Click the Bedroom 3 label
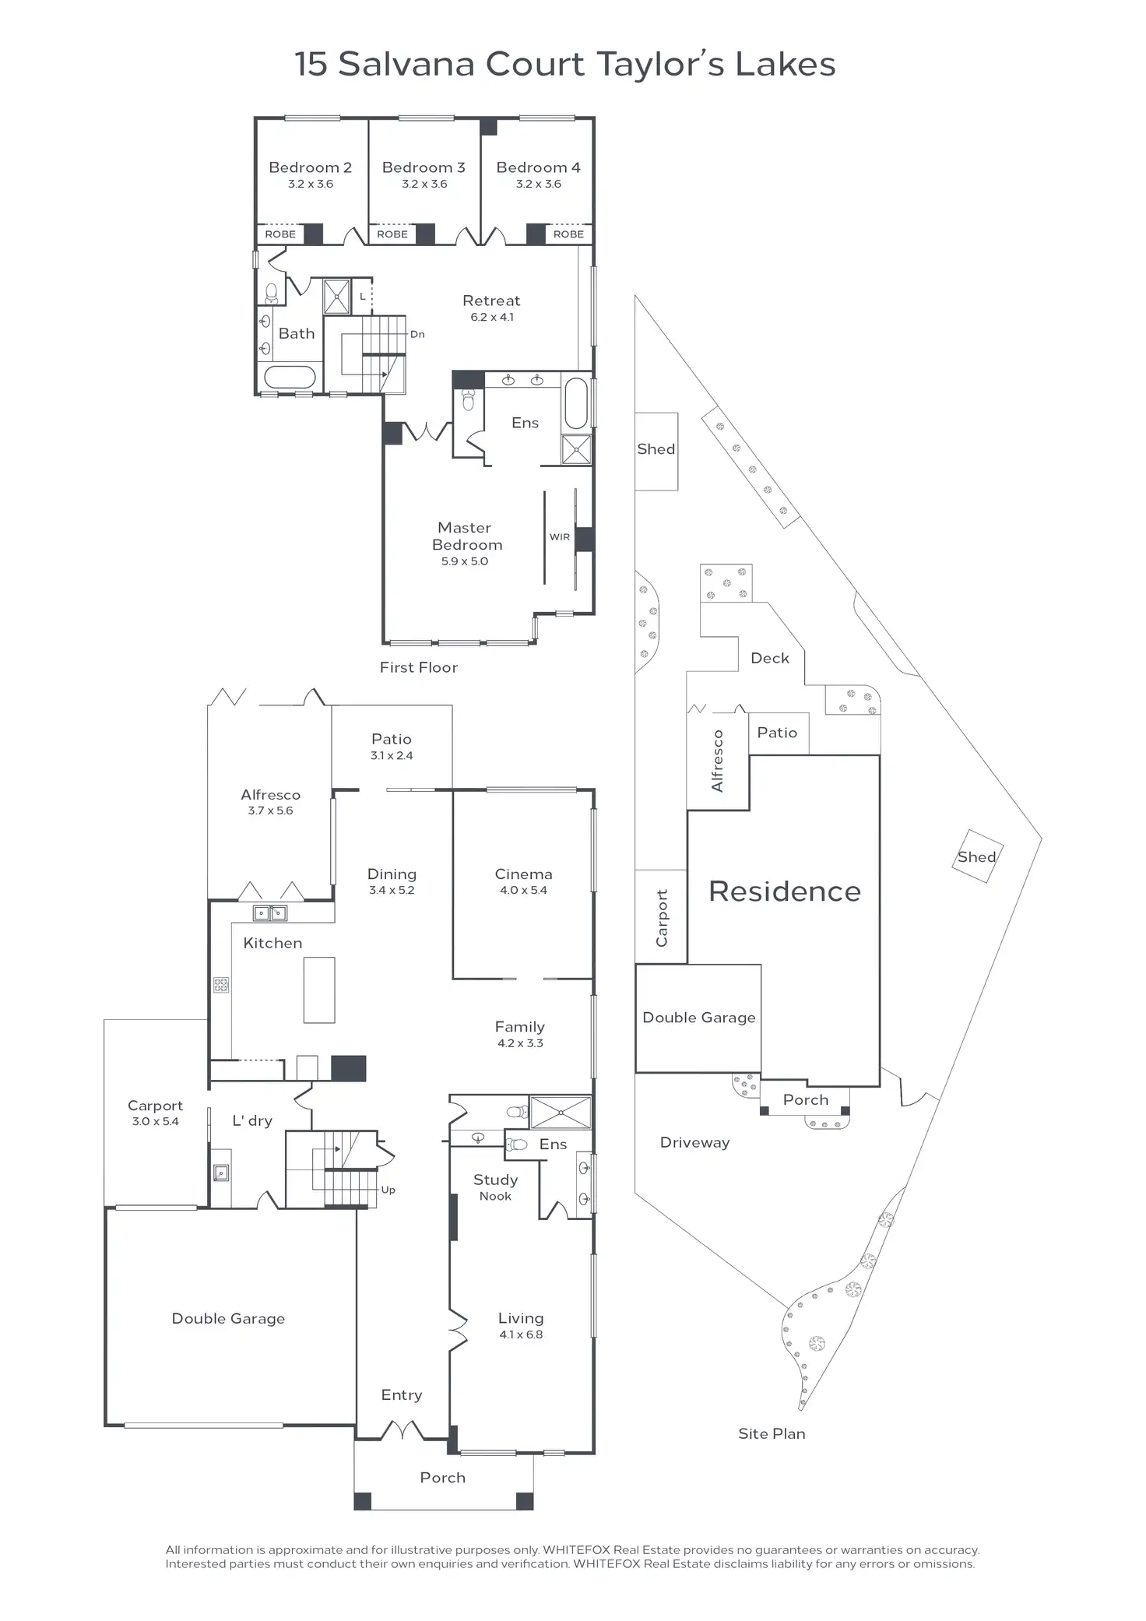tap(424, 167)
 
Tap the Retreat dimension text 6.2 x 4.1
tap(492, 318)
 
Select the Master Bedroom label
tap(466, 536)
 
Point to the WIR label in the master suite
tap(560, 537)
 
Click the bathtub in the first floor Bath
tap(290, 378)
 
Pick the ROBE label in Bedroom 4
tap(568, 234)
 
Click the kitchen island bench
tap(319, 990)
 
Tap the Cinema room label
tap(523, 874)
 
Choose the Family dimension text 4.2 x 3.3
tap(520, 1043)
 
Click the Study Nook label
tap(496, 1187)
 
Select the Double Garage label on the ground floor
tap(228, 1318)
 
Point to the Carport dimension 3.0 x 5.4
tap(155, 1122)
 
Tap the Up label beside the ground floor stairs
tap(388, 1190)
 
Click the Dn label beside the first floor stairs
tap(417, 335)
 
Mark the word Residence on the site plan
tap(785, 891)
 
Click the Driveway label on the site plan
tap(694, 1143)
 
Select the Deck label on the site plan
tap(770, 659)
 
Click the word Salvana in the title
tap(407, 65)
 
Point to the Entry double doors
tap(402, 1430)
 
